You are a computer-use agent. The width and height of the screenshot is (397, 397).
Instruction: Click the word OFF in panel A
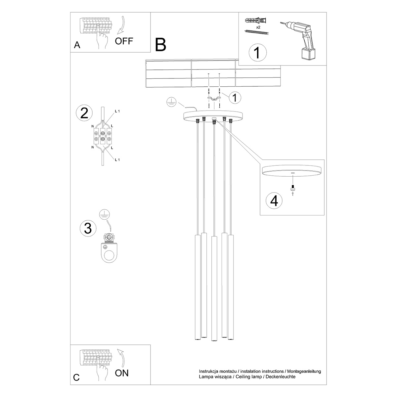click(124, 41)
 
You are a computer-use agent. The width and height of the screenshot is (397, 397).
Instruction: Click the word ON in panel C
click(122, 373)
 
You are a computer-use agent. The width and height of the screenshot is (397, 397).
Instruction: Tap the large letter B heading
click(160, 45)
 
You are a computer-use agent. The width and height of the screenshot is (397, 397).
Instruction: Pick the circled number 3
click(88, 228)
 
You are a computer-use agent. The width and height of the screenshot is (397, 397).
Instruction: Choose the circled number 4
click(274, 200)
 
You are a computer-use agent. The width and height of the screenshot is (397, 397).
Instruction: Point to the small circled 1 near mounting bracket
click(235, 98)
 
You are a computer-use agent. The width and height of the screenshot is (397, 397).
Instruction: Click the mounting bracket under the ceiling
click(214, 98)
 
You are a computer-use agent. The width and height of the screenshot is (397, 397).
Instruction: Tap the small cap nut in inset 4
click(292, 189)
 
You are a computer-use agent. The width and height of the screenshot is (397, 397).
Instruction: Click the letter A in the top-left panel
click(77, 46)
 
